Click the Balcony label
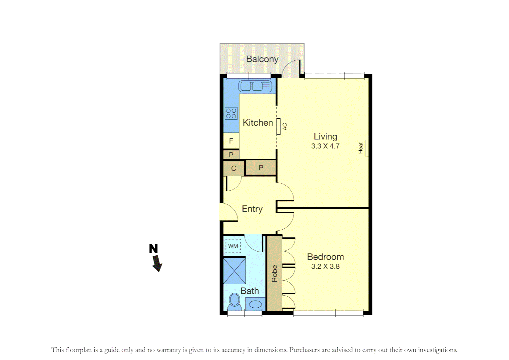point(262,59)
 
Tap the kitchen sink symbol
point(255,86)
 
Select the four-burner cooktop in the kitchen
point(231,113)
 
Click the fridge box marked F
point(231,141)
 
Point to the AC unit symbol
point(278,127)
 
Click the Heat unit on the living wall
point(366,148)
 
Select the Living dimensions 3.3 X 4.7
point(325,146)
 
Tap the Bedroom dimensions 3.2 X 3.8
point(325,266)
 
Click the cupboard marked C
point(234,168)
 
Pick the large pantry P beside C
point(261,168)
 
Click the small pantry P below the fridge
point(231,155)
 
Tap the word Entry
point(252,209)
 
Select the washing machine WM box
point(233,246)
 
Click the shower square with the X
point(235,271)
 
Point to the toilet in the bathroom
point(235,301)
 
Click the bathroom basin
point(255,304)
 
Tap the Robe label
point(274,273)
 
